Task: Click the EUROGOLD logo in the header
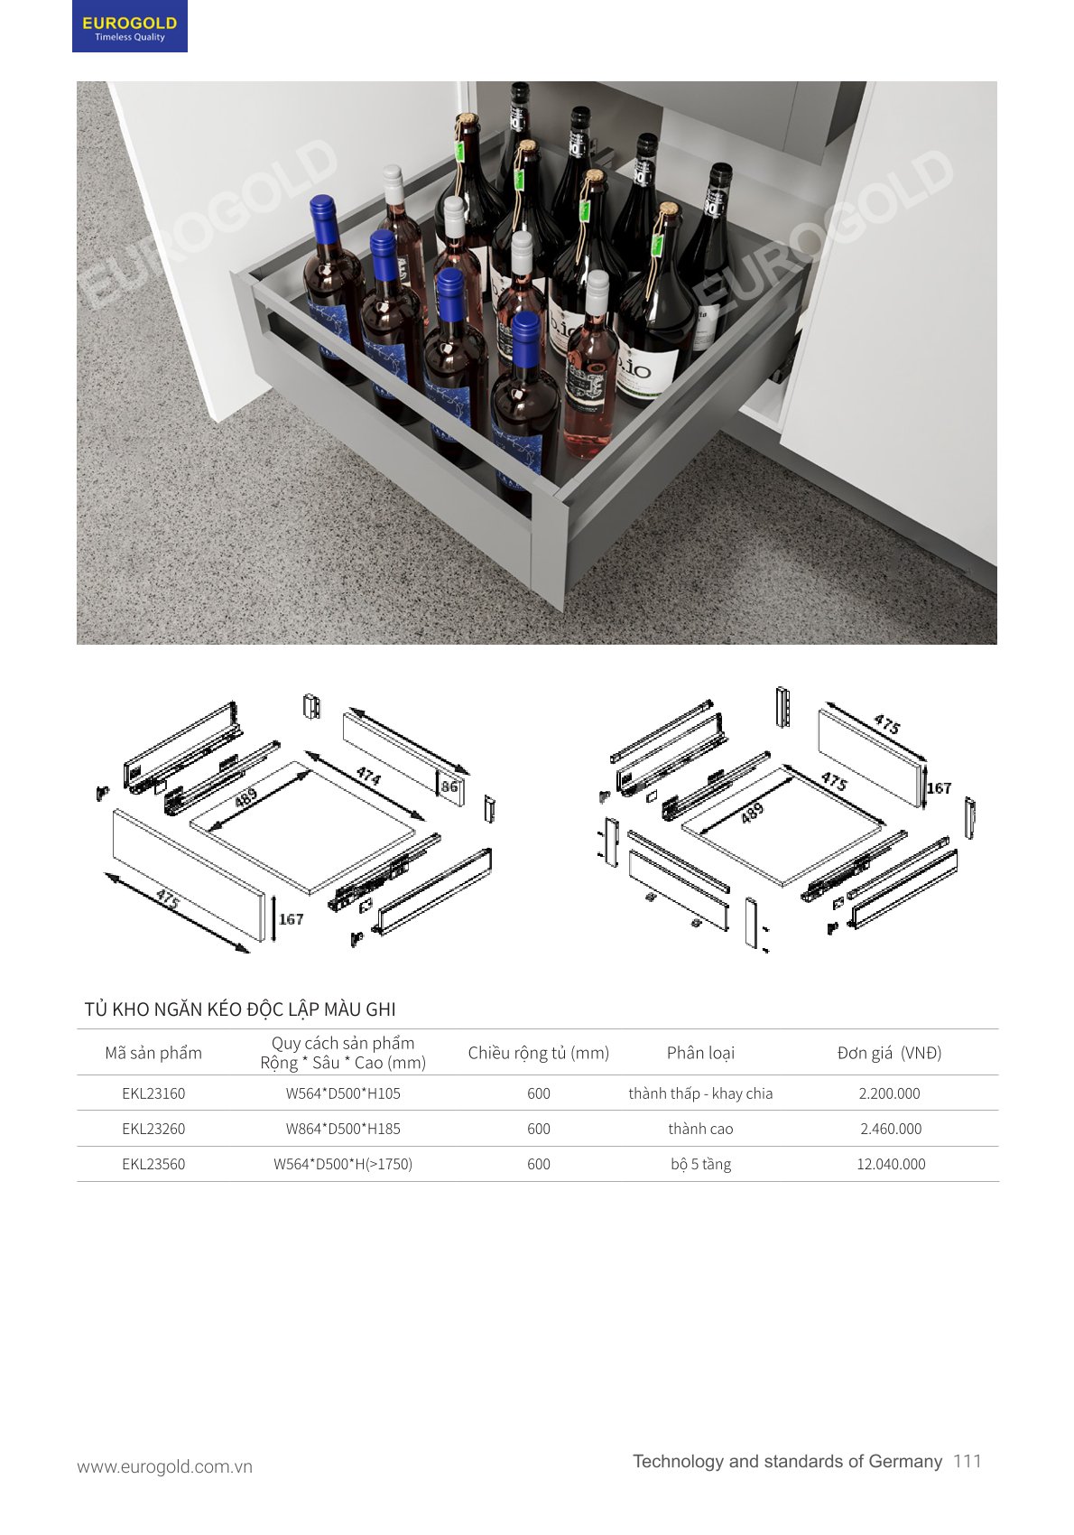click(129, 26)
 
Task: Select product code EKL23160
click(153, 1093)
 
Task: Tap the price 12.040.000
click(891, 1164)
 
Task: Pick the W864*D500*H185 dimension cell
click(343, 1129)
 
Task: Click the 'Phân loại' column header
click(700, 1053)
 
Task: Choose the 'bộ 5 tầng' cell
click(700, 1164)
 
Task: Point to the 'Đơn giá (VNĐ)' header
click(889, 1053)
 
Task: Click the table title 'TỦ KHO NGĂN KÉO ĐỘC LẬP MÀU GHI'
click(240, 1009)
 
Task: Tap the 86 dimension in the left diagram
click(449, 786)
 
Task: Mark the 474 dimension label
click(368, 776)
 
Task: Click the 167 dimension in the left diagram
click(292, 919)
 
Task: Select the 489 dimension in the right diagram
click(752, 813)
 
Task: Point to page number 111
click(968, 1461)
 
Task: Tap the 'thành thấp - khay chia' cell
click(700, 1093)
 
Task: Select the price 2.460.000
click(891, 1129)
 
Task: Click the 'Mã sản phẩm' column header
click(153, 1053)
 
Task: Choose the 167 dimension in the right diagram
click(939, 788)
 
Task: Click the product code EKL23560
click(153, 1164)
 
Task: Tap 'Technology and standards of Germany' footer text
click(787, 1461)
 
